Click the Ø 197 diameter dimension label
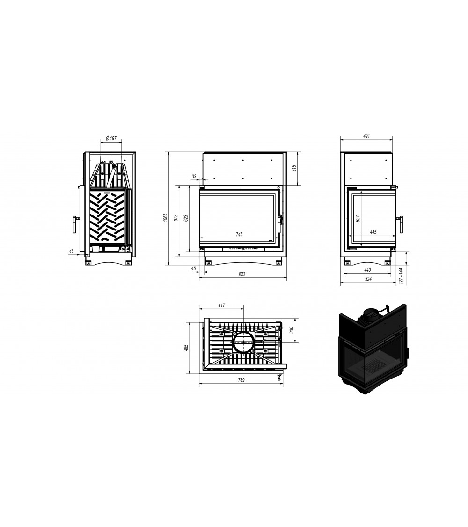(x=111, y=138)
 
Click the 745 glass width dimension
(x=239, y=234)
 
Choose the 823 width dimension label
(x=242, y=274)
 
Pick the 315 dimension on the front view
(x=294, y=168)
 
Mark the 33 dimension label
(x=194, y=177)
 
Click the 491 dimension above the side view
(x=366, y=136)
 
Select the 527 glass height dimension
(x=357, y=218)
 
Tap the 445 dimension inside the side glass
(x=373, y=232)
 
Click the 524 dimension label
(x=367, y=279)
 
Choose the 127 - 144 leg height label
(x=401, y=276)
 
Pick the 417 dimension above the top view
(x=221, y=305)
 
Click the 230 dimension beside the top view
(x=292, y=330)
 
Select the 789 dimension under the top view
(x=241, y=380)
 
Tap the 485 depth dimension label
(x=186, y=348)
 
